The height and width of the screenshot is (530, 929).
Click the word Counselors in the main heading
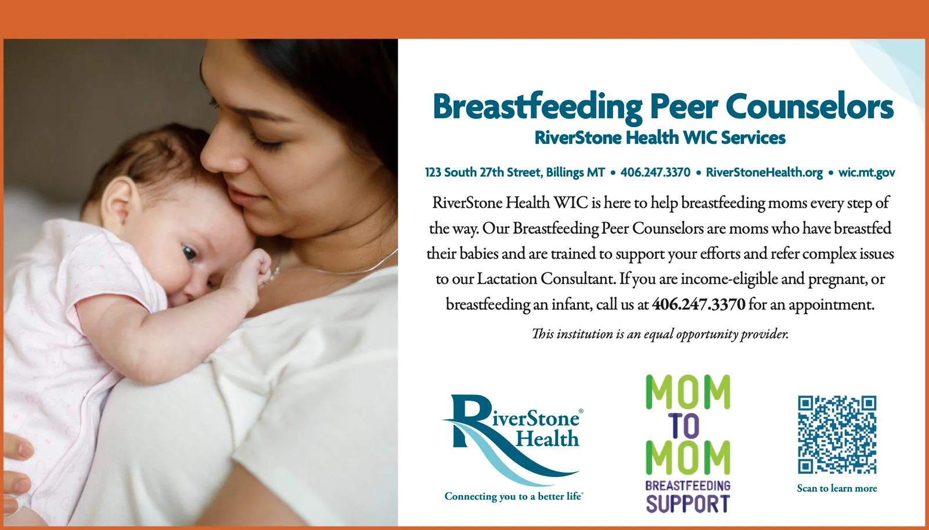click(x=809, y=107)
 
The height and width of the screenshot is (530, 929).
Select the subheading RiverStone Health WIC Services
click(x=660, y=138)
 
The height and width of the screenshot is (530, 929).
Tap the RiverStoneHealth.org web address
click(x=764, y=173)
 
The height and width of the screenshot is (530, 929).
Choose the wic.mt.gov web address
click(x=866, y=173)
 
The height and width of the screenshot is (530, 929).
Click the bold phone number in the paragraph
click(x=698, y=304)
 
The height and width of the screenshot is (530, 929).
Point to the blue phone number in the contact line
click(x=656, y=172)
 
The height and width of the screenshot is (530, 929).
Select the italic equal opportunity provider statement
click(x=660, y=334)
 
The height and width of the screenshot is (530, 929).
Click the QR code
click(x=837, y=435)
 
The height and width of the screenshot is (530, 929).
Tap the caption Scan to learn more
click(x=837, y=489)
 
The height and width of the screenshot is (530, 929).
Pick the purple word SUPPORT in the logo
click(x=687, y=504)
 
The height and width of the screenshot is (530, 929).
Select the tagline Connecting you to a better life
click(x=513, y=496)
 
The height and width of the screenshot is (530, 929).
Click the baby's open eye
click(x=189, y=252)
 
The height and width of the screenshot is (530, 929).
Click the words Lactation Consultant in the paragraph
click(x=545, y=279)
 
